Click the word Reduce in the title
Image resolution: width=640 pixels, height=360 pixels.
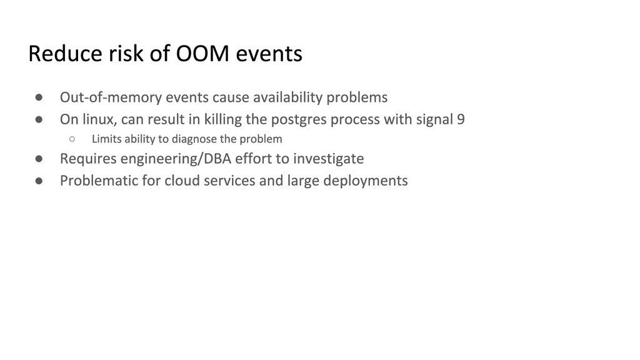tap(65, 54)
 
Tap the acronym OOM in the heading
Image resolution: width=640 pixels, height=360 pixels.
tap(202, 54)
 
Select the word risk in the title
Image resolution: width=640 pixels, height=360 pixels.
tap(126, 54)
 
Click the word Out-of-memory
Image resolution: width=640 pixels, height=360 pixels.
tap(111, 97)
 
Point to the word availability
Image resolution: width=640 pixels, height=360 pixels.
tap(287, 97)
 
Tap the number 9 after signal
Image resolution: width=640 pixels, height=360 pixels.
tap(461, 119)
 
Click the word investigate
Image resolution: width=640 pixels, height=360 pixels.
tap(328, 159)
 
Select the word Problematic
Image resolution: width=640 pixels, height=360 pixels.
tap(99, 181)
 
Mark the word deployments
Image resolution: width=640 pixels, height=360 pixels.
tap(365, 181)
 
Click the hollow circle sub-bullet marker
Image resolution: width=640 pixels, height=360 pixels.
tap(72, 139)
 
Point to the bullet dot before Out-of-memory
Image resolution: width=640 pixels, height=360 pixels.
tap(39, 97)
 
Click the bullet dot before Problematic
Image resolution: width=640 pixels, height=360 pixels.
tap(39, 181)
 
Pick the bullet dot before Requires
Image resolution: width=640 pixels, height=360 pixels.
tap(39, 158)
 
